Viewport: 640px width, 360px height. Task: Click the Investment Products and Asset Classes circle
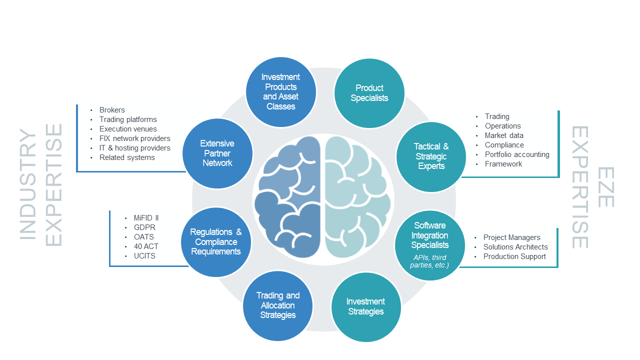pyautogui.click(x=281, y=91)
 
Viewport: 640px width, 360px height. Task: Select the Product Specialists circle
pyautogui.click(x=369, y=93)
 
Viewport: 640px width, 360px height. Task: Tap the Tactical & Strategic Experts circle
pyautogui.click(x=431, y=156)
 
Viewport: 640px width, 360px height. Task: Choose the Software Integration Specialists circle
pyautogui.click(x=430, y=245)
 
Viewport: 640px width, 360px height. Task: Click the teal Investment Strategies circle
pyautogui.click(x=366, y=306)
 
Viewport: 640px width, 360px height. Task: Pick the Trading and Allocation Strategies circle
pyautogui.click(x=278, y=305)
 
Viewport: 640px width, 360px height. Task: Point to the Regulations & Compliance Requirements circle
pyautogui.click(x=216, y=242)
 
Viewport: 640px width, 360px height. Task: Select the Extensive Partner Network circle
pyautogui.click(x=217, y=153)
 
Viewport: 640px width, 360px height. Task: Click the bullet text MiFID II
pyautogui.click(x=146, y=218)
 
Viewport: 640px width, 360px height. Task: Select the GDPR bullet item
pyautogui.click(x=145, y=227)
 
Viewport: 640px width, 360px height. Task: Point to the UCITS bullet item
pyautogui.click(x=144, y=256)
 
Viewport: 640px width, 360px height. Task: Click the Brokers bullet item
pyautogui.click(x=112, y=110)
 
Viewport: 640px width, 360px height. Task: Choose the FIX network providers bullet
pyautogui.click(x=134, y=138)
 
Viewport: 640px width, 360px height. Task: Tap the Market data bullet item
pyautogui.click(x=504, y=135)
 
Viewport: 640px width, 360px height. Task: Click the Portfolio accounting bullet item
pyautogui.click(x=517, y=154)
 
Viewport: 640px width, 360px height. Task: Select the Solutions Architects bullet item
pyautogui.click(x=515, y=247)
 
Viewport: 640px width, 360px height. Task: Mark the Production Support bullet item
pyautogui.click(x=514, y=256)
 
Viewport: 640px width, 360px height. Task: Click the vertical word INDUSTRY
pyautogui.click(x=28, y=184)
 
